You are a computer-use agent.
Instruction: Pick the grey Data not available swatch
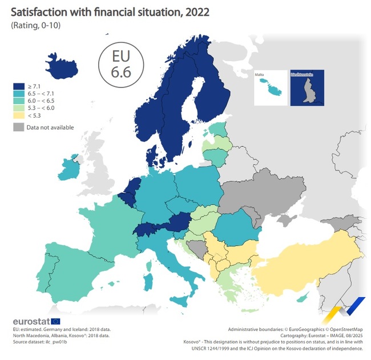click(x=18, y=127)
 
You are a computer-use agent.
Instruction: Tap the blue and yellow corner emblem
click(x=348, y=311)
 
